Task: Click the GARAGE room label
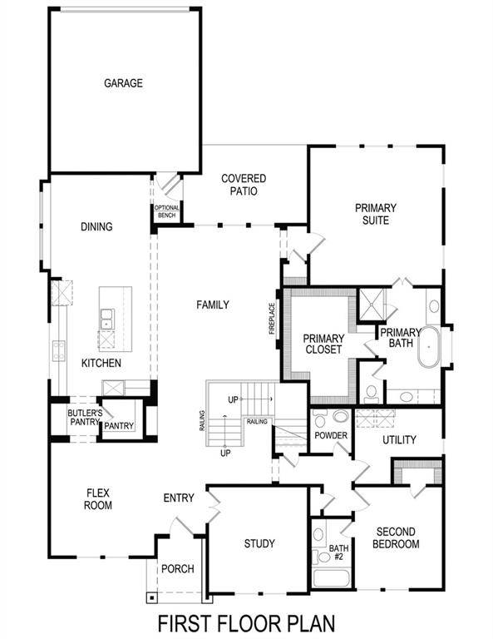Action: pyautogui.click(x=123, y=83)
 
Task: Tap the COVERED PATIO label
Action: pyautogui.click(x=244, y=185)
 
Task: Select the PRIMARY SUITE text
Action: pyautogui.click(x=375, y=214)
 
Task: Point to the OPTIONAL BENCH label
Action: pyautogui.click(x=165, y=212)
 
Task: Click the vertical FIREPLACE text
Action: pyautogui.click(x=271, y=317)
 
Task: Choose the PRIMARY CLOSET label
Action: pyautogui.click(x=323, y=344)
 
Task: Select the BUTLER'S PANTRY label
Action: pyautogui.click(x=85, y=417)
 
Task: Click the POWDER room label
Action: pyautogui.click(x=330, y=436)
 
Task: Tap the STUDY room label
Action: pyautogui.click(x=259, y=544)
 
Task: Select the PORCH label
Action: pyautogui.click(x=177, y=569)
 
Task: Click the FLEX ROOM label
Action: pyautogui.click(x=98, y=498)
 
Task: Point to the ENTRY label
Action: pyautogui.click(x=179, y=498)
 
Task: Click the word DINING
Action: pyautogui.click(x=96, y=226)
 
